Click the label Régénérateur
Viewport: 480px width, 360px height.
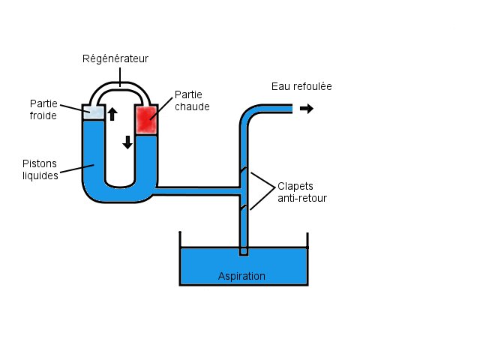(115, 58)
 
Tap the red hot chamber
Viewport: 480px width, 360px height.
(147, 120)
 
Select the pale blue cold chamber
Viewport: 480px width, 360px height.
(94, 112)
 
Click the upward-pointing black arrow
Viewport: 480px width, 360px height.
(112, 114)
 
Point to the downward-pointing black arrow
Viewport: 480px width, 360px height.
(127, 142)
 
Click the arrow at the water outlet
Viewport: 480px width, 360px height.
(307, 108)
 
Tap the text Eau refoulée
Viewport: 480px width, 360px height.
(301, 87)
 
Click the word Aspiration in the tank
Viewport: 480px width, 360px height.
(241, 276)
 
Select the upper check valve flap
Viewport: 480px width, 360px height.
(243, 170)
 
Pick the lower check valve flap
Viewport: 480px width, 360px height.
(243, 208)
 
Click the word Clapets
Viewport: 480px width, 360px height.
(295, 187)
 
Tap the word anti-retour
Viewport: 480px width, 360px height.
(302, 198)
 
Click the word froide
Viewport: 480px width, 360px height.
(43, 115)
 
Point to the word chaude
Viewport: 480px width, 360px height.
(192, 106)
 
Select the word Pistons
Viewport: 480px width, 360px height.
(40, 163)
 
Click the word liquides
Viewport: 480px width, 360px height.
(40, 175)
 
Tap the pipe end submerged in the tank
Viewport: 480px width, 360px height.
(243, 251)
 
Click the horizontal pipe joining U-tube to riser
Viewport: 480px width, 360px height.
(198, 191)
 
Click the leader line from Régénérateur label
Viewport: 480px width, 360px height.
(120, 77)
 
